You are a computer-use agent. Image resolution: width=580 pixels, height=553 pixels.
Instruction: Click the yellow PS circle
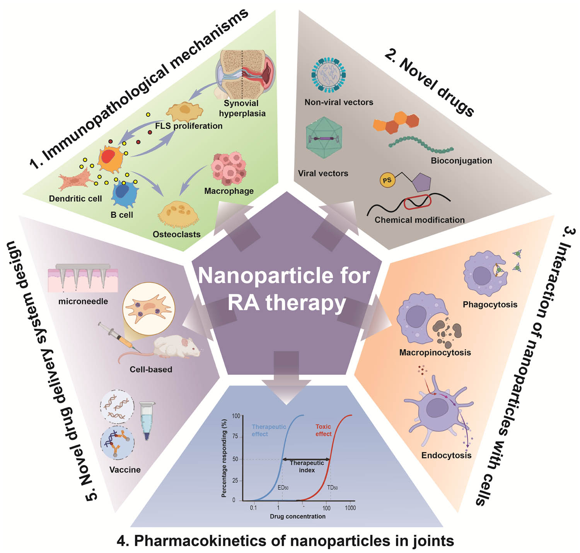click(387, 180)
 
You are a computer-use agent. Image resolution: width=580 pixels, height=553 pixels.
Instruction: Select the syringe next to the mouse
click(116, 336)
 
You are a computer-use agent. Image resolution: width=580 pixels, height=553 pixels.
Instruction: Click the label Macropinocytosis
click(435, 352)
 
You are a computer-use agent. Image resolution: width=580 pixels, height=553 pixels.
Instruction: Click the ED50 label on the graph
click(283, 488)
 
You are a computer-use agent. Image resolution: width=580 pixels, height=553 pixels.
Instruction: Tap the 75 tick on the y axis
click(235, 437)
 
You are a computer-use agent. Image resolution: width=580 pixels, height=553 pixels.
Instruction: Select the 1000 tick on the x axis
click(350, 508)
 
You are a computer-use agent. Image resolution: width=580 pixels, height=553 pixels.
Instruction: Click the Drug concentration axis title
click(297, 516)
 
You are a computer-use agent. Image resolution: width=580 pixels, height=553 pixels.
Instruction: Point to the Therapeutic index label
click(307, 466)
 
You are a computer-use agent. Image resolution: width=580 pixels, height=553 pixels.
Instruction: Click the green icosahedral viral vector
click(324, 138)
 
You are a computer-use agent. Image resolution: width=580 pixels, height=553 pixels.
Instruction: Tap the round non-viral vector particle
click(328, 75)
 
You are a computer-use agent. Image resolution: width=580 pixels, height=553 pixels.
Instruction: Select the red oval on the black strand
click(417, 202)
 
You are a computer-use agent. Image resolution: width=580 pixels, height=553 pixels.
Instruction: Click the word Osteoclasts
click(176, 234)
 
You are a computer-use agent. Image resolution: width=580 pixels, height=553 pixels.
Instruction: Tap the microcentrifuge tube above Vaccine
click(147, 420)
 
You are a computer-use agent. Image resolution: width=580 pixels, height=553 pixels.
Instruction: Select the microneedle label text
click(83, 301)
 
